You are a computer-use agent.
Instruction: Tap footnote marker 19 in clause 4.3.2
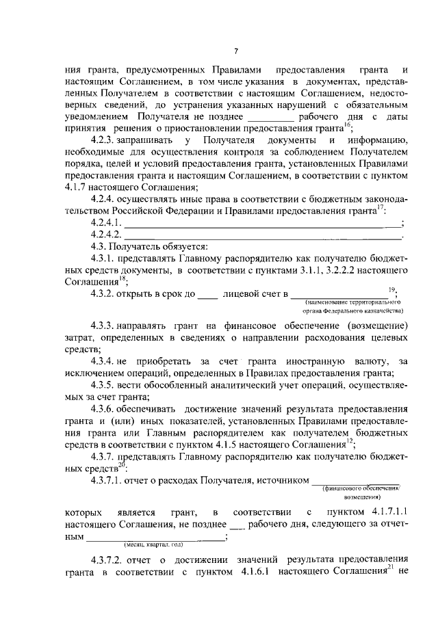(391, 289)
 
